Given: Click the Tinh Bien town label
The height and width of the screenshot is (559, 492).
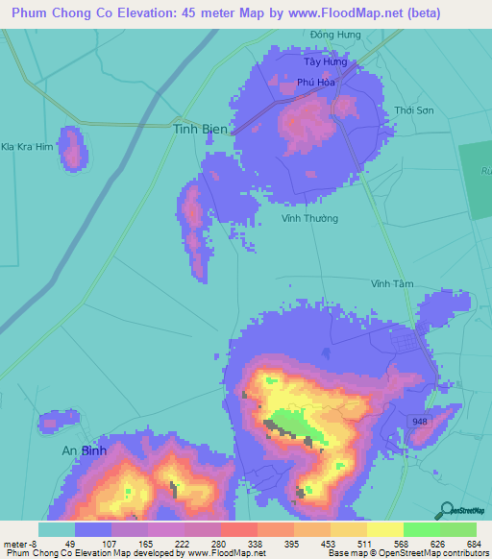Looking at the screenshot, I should coord(201,128).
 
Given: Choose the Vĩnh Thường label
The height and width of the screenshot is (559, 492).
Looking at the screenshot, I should coord(309,219).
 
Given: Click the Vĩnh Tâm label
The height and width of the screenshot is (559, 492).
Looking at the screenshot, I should coord(392,284).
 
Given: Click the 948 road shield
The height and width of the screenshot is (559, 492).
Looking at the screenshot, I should coord(419,422).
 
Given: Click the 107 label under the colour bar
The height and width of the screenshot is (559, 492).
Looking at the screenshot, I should coord(110,543).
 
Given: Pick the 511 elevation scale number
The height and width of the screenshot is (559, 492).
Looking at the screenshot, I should coord(365,543).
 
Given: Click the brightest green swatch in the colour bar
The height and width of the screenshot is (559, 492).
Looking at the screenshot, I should coord(421,529).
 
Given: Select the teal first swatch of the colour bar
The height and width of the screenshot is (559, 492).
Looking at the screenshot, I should coord(56,529).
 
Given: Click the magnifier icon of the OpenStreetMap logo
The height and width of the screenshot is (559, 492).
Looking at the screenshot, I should coord(448,510).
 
